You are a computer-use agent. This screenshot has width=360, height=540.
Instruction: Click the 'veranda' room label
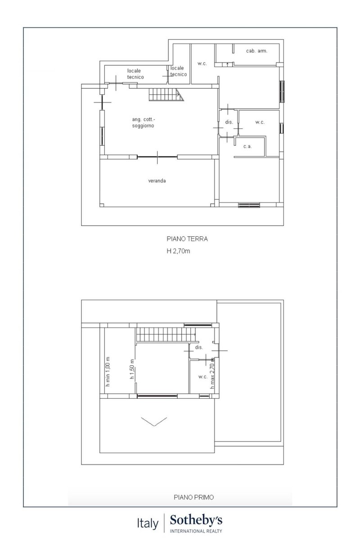click(157, 181)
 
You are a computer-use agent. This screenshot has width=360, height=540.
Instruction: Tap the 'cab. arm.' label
click(256, 51)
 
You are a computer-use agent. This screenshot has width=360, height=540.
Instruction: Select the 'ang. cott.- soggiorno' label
click(143, 122)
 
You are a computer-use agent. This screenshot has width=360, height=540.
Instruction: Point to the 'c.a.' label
click(247, 146)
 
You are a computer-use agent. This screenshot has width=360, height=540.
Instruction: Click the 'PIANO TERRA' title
click(187, 239)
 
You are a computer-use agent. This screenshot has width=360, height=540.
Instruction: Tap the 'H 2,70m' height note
click(178, 251)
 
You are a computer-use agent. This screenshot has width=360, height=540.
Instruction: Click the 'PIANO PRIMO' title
click(194, 497)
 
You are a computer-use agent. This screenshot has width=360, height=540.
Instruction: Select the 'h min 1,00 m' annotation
click(108, 372)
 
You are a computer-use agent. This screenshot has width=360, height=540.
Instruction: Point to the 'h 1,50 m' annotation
click(132, 369)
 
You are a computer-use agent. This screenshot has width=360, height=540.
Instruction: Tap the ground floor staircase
click(166, 94)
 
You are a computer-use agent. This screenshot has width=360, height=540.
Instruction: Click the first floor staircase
click(166, 334)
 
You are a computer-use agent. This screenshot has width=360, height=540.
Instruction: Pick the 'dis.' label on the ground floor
click(229, 122)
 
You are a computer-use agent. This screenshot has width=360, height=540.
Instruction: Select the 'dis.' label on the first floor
click(199, 347)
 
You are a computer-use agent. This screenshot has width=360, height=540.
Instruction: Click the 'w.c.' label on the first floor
click(203, 377)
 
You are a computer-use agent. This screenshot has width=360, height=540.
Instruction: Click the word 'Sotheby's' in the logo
click(196, 520)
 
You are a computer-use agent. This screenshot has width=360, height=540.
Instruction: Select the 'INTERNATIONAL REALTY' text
click(196, 531)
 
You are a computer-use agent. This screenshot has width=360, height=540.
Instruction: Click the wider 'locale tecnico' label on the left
click(135, 74)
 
